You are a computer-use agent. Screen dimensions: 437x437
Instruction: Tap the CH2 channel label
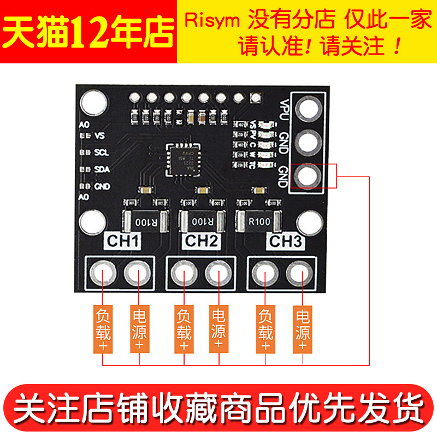[202, 241]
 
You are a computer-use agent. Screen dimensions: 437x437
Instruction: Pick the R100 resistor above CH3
[258, 222]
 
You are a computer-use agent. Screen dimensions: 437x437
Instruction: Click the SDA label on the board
[102, 169]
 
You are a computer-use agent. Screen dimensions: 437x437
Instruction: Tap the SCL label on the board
[102, 152]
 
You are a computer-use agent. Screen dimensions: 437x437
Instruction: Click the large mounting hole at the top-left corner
[92, 102]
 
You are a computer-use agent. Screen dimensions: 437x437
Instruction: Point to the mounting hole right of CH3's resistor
[309, 222]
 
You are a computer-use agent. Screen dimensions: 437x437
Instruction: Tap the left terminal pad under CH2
[182, 273]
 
